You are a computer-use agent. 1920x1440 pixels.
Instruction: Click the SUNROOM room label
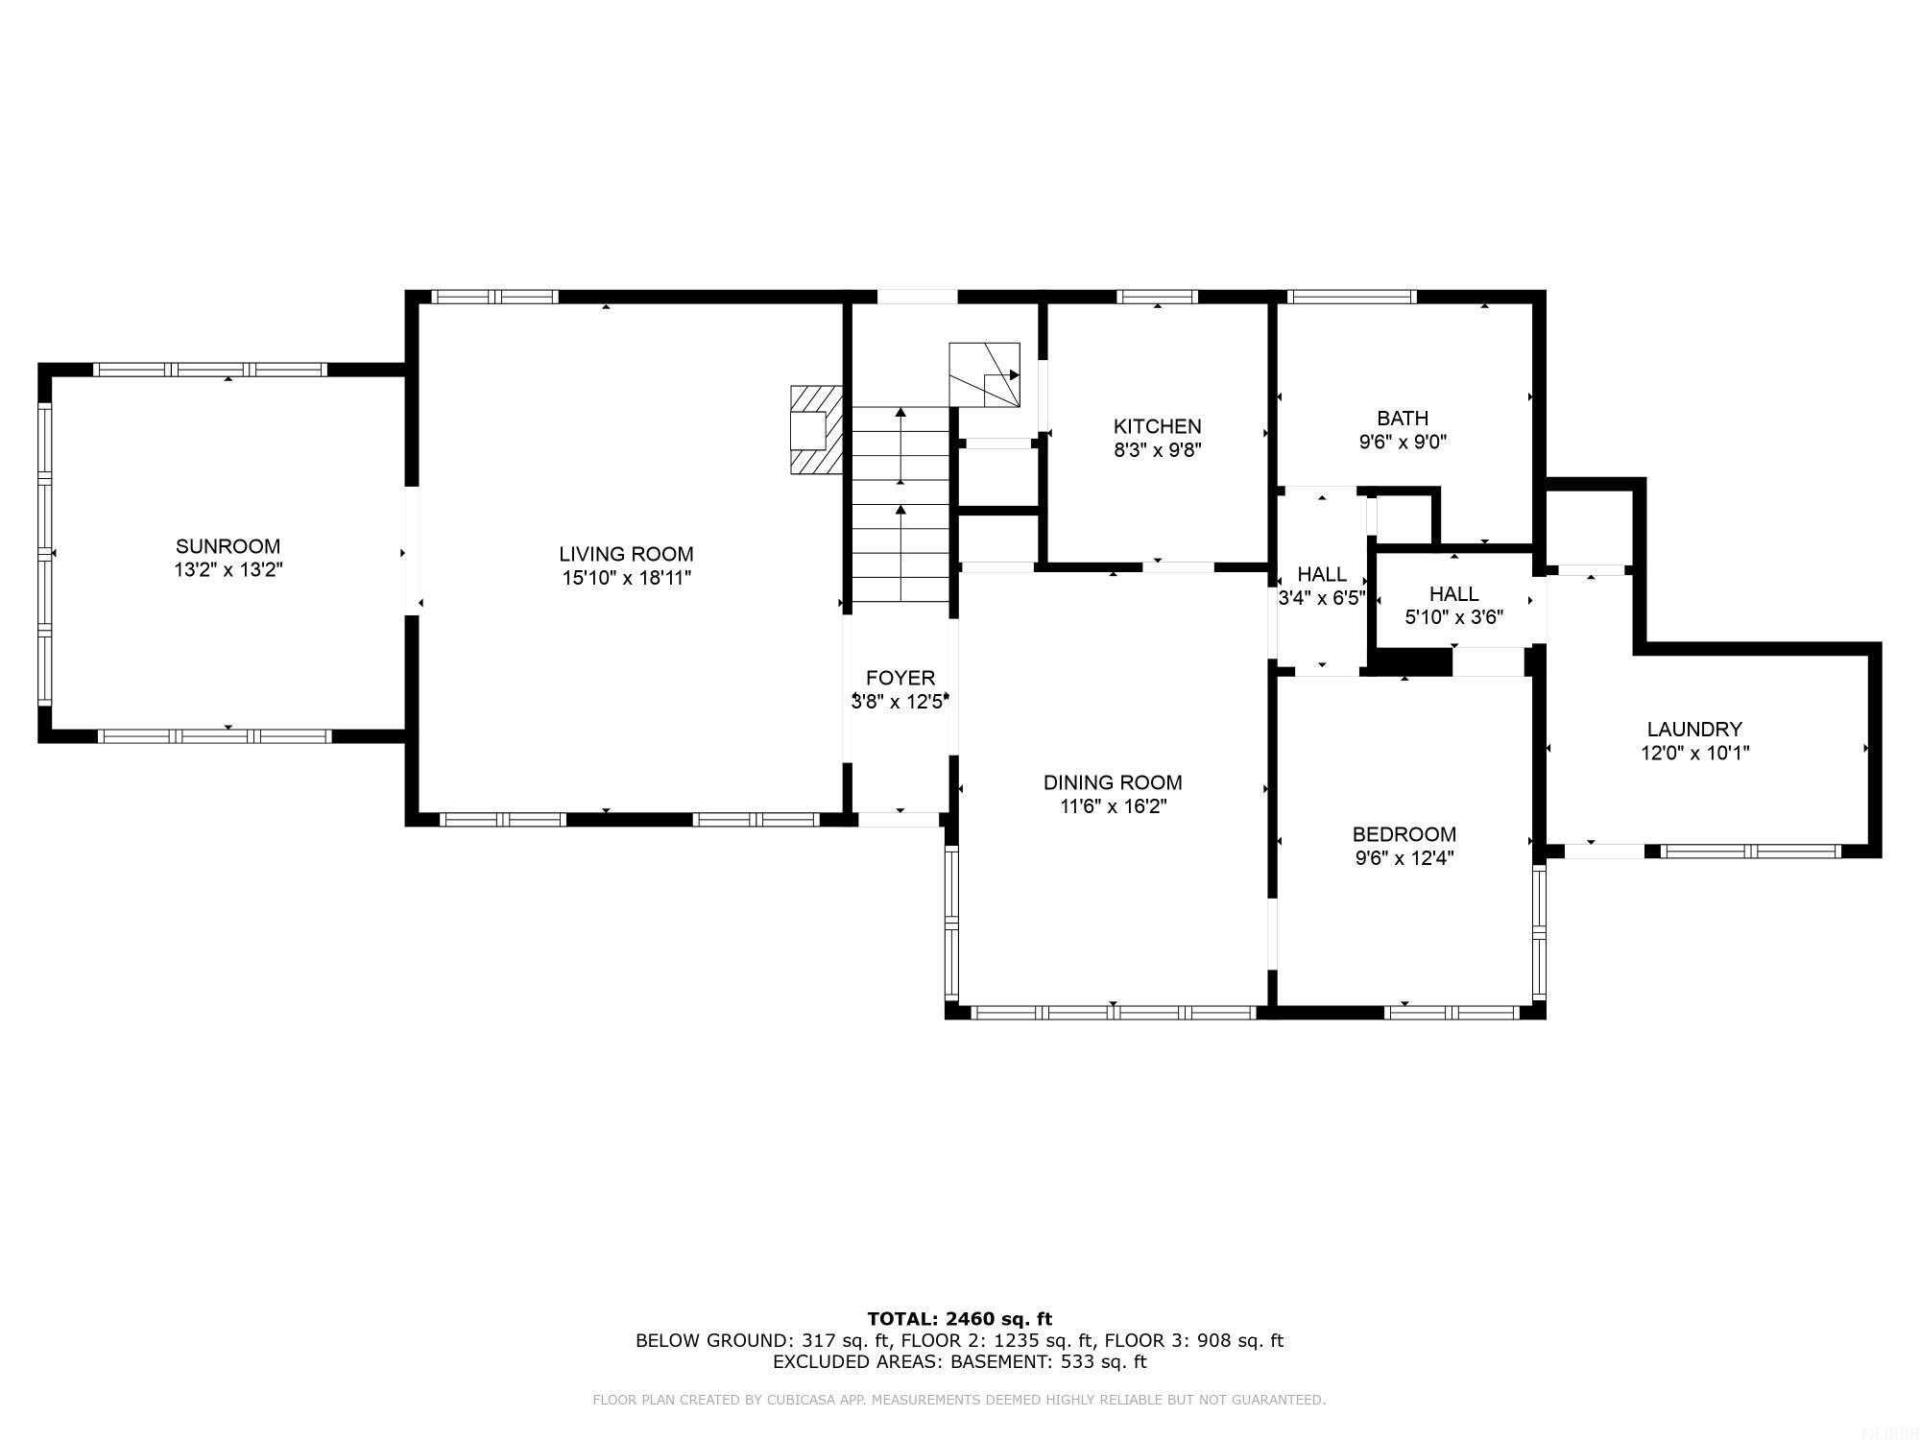pyautogui.click(x=228, y=546)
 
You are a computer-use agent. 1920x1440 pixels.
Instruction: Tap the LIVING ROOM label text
pyautogui.click(x=626, y=554)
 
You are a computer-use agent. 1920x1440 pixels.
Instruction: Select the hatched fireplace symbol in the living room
pyautogui.click(x=816, y=429)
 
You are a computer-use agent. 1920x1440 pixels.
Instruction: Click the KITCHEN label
pyautogui.click(x=1157, y=426)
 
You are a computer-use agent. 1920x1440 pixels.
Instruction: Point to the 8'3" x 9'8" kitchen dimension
pyautogui.click(x=1157, y=450)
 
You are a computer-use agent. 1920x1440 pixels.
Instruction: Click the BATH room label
pyautogui.click(x=1402, y=418)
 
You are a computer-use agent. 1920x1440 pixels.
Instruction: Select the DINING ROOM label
pyautogui.click(x=1113, y=782)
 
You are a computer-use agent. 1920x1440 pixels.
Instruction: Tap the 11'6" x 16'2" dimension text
pyautogui.click(x=1113, y=806)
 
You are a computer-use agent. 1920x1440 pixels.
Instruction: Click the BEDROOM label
pyautogui.click(x=1404, y=834)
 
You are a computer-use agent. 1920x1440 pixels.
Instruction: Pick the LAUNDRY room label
pyautogui.click(x=1693, y=729)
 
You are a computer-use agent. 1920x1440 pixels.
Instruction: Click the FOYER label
pyautogui.click(x=900, y=678)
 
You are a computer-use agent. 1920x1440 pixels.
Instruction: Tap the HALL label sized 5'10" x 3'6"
pyautogui.click(x=1453, y=594)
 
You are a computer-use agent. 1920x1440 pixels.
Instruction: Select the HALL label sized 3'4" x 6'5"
pyautogui.click(x=1322, y=575)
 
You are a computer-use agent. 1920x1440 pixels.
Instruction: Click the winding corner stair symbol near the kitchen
pyautogui.click(x=984, y=374)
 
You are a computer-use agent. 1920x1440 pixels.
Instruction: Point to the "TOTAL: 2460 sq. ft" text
pyautogui.click(x=959, y=1319)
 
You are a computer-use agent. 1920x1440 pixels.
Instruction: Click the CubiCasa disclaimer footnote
pyautogui.click(x=959, y=1400)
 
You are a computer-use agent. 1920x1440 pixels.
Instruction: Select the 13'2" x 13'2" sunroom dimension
pyautogui.click(x=228, y=570)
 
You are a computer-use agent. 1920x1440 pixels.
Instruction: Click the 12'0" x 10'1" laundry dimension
pyautogui.click(x=1694, y=754)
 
